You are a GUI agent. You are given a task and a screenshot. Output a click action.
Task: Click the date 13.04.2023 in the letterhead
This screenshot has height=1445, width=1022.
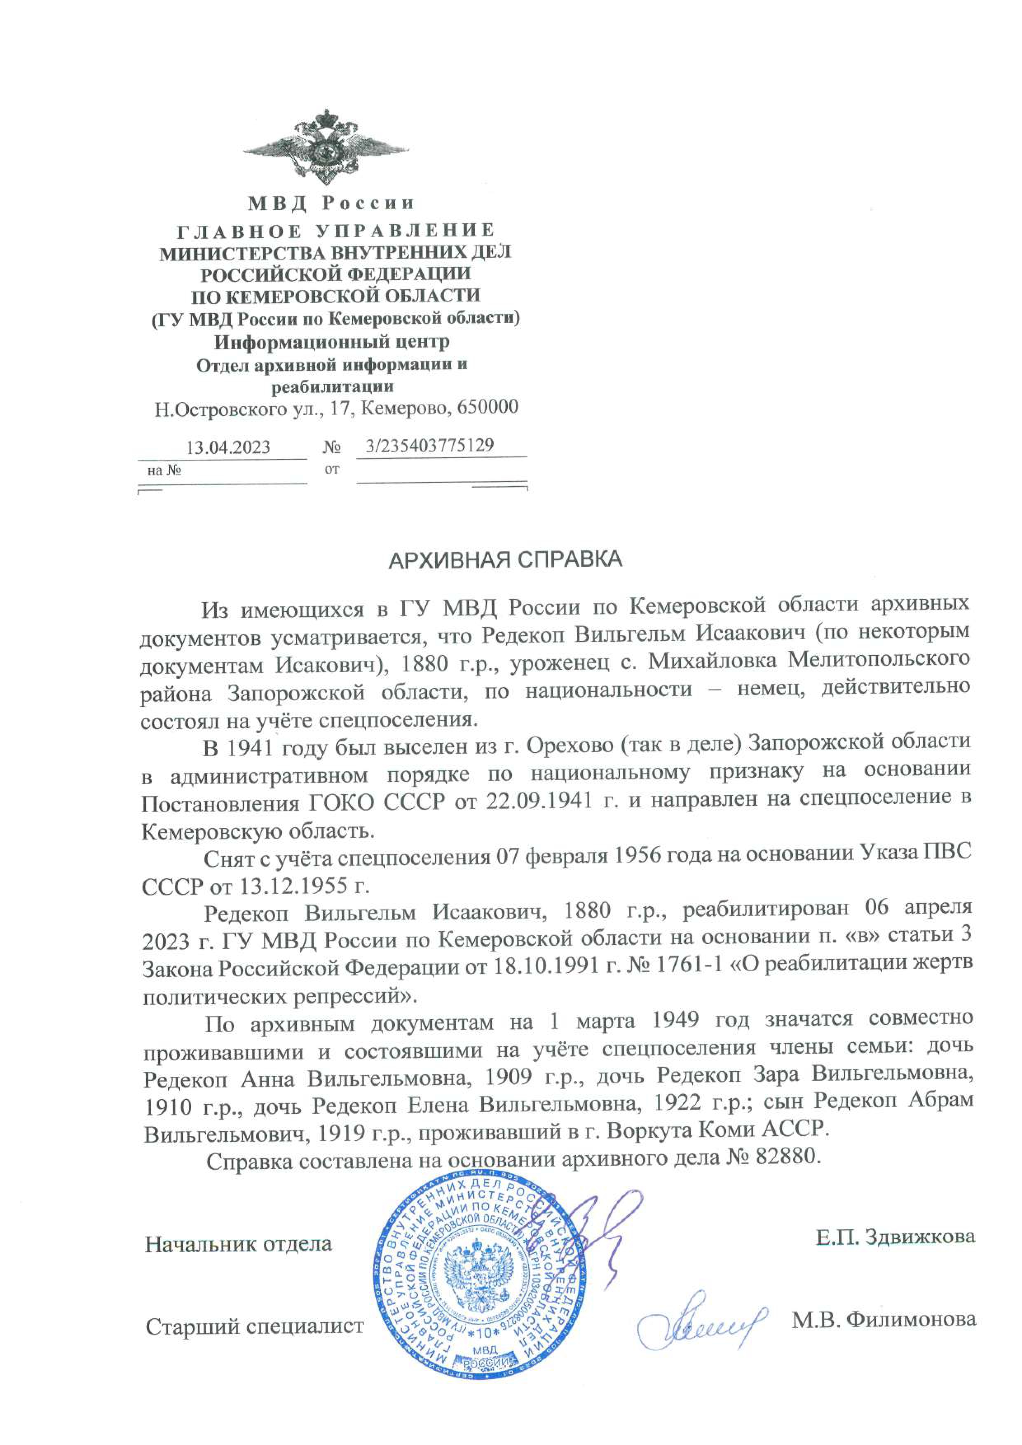pos(228,447)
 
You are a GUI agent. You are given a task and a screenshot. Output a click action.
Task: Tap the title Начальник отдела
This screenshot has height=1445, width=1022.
pos(238,1244)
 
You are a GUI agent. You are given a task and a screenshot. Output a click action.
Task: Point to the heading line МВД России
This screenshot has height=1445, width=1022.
pos(331,203)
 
